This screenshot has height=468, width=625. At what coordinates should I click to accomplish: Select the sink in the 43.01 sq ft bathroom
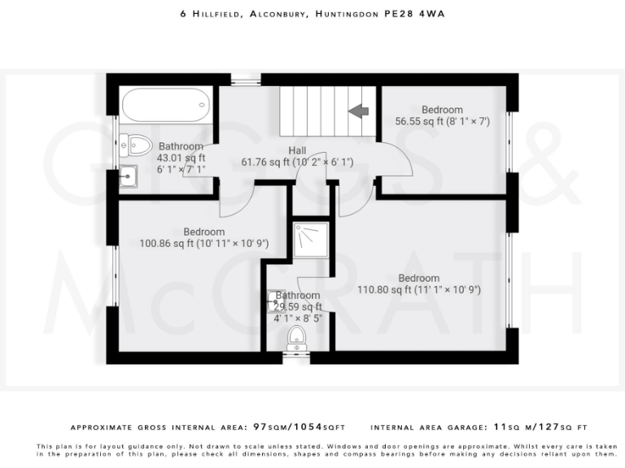(129, 175)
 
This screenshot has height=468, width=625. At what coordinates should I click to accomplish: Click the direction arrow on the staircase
(358, 110)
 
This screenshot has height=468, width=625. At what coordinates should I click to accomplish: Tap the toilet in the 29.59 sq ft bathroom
(297, 336)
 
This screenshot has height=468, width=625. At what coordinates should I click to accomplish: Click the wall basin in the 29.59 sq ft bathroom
(272, 301)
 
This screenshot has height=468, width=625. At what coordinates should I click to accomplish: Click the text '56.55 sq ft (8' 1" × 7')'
(442, 121)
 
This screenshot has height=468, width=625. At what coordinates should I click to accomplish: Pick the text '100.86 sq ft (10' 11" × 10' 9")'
(203, 243)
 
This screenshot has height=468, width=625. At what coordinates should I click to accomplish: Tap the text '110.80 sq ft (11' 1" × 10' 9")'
(420, 289)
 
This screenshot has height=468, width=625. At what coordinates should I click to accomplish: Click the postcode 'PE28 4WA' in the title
(414, 14)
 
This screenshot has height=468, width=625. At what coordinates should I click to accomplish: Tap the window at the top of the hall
(245, 80)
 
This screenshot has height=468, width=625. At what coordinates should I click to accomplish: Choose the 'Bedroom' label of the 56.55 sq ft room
(442, 110)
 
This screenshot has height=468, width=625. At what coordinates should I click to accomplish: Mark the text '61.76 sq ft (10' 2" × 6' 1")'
(297, 162)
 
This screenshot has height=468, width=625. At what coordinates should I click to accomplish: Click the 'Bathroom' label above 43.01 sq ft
(181, 146)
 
